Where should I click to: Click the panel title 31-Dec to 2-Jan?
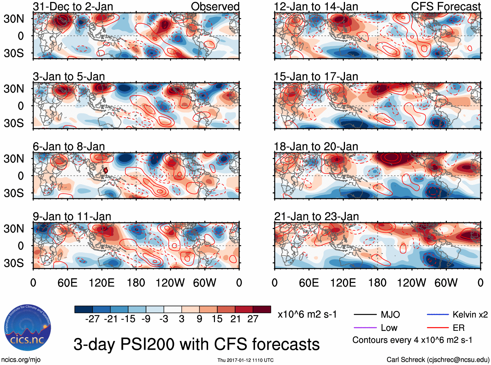click(x=73, y=7)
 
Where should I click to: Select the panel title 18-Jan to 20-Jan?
click(x=316, y=147)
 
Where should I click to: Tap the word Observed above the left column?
click(x=215, y=7)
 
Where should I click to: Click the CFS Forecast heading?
click(x=445, y=7)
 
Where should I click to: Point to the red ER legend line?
click(x=438, y=328)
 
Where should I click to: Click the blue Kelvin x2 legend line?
click(x=438, y=314)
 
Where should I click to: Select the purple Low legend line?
click(x=365, y=328)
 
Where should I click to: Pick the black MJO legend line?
click(x=365, y=314)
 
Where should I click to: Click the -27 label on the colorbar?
click(x=92, y=319)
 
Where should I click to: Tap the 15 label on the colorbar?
click(x=217, y=319)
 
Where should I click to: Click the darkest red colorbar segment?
click(x=262, y=309)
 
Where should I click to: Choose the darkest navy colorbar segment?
click(x=84, y=309)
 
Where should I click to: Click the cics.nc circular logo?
click(x=27, y=328)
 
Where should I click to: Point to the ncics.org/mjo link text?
click(x=21, y=359)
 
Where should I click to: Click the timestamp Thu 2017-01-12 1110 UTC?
click(x=245, y=360)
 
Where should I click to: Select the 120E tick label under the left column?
click(x=101, y=283)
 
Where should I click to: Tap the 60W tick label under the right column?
click(x=446, y=283)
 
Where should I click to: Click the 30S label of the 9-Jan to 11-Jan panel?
click(x=14, y=263)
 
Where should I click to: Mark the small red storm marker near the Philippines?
click(x=106, y=170)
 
